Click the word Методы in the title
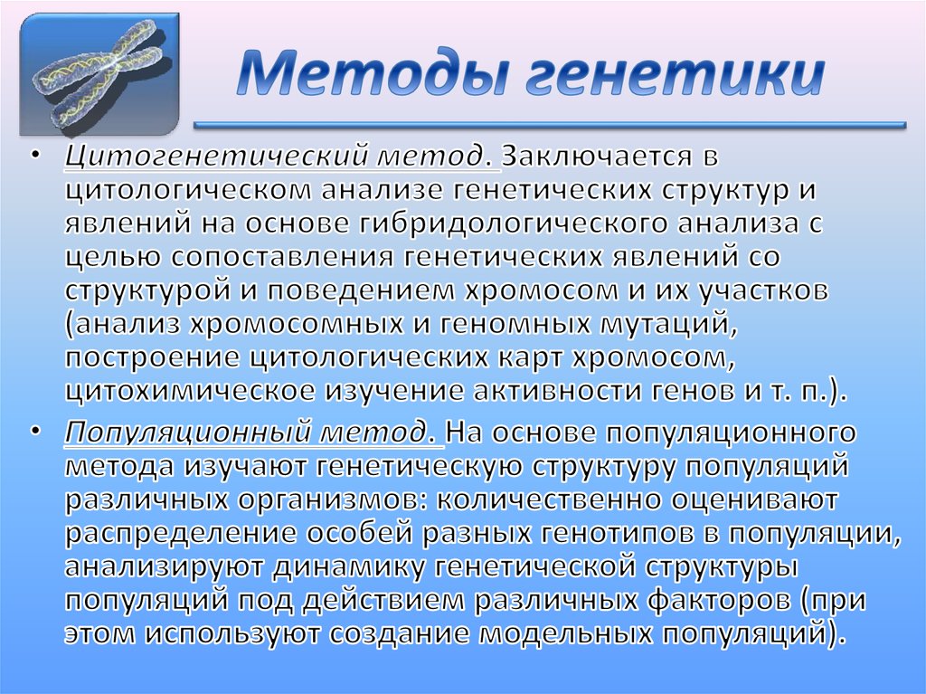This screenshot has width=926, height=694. [363, 78]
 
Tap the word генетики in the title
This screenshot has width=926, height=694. [665, 78]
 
